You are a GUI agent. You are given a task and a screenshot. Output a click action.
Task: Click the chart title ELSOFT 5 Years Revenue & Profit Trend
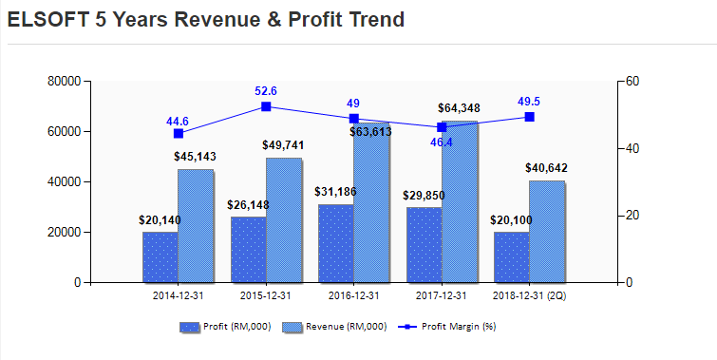[205, 19]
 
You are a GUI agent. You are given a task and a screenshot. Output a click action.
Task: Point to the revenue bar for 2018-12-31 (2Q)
[546, 232]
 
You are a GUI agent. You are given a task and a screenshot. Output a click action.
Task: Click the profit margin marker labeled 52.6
[266, 106]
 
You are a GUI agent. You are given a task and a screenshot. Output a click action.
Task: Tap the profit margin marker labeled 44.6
[179, 133]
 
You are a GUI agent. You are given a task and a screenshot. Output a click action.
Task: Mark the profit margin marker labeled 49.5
[529, 117]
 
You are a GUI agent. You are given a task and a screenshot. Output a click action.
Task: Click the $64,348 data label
[459, 109]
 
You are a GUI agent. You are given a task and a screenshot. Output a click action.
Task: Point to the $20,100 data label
[511, 219]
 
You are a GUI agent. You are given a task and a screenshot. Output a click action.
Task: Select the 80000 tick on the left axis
[63, 82]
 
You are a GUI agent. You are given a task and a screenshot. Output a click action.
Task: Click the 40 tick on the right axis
[632, 149]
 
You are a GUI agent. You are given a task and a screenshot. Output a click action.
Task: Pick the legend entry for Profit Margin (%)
[451, 327]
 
